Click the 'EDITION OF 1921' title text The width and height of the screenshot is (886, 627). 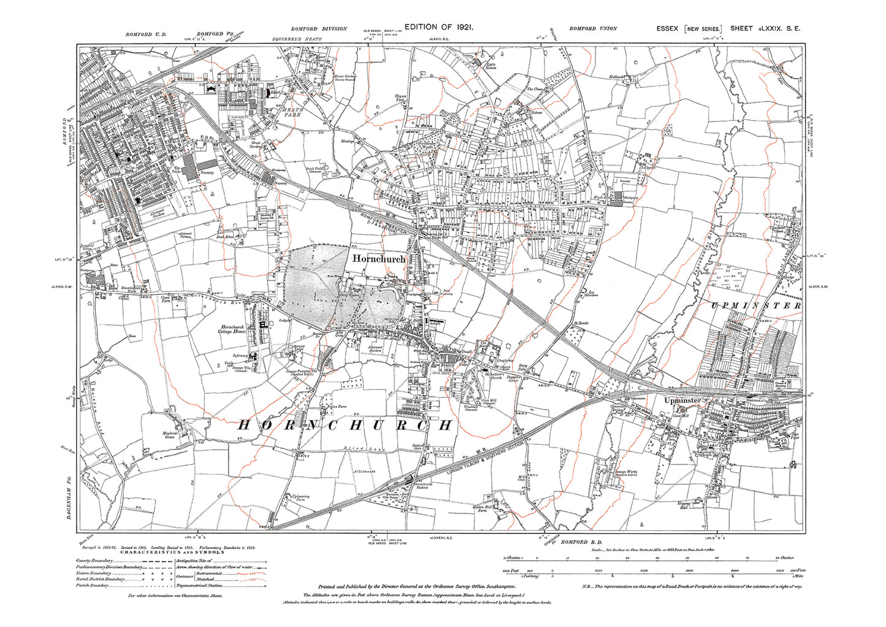(x=439, y=27)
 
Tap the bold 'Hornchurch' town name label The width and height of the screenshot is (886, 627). (x=379, y=260)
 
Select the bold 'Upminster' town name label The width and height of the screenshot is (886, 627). (x=682, y=400)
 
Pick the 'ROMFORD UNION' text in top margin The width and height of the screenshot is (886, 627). (x=593, y=29)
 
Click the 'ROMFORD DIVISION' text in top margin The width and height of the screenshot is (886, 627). (x=319, y=29)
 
